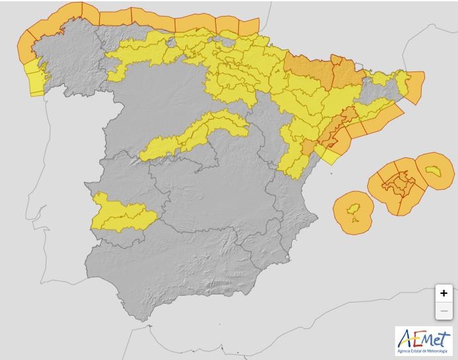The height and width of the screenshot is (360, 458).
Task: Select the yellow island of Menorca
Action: [434, 171]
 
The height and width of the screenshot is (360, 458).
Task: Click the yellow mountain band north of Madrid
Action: [192, 136]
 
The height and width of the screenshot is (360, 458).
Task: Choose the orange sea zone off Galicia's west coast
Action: [26, 46]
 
